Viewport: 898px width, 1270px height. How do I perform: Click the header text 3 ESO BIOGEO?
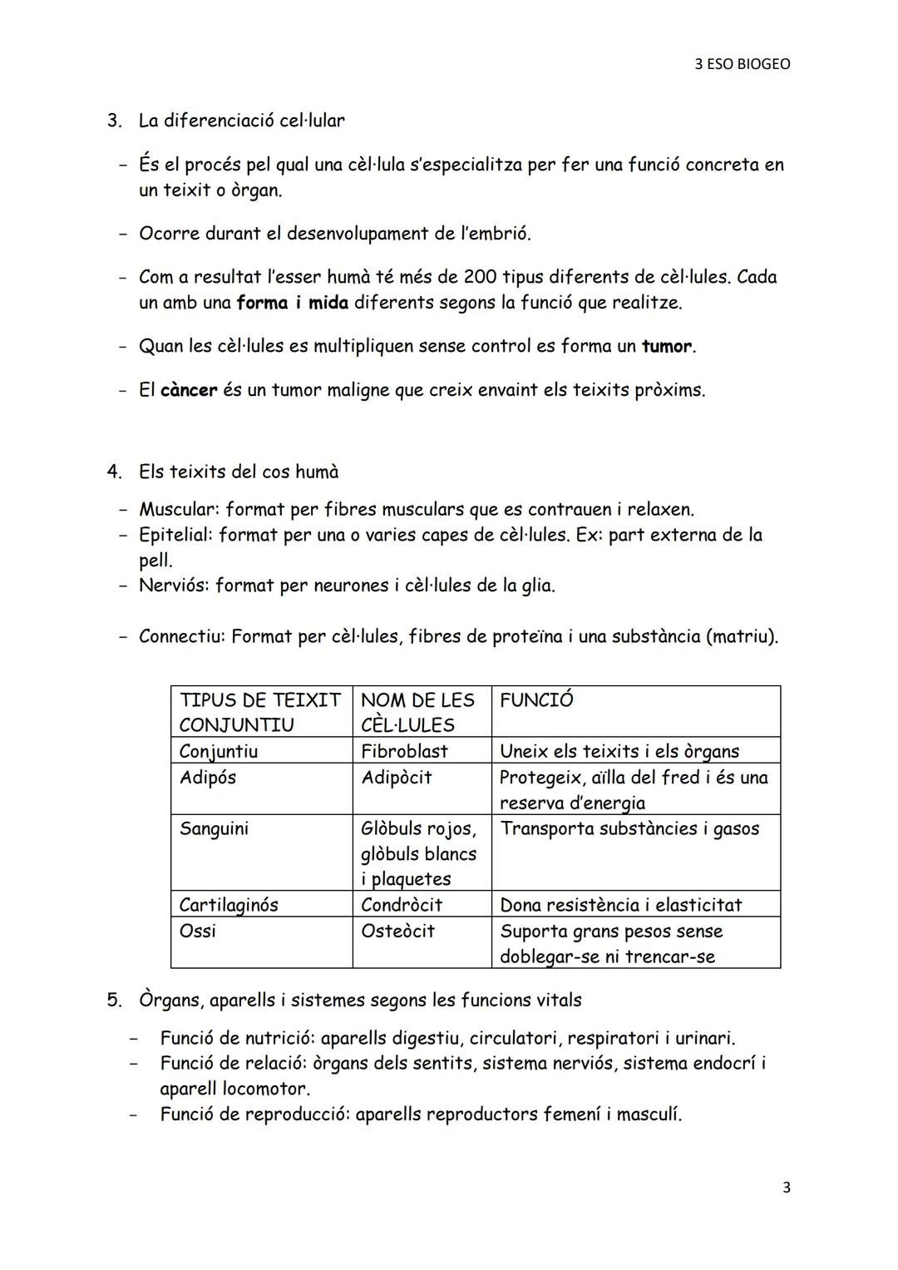pos(743,64)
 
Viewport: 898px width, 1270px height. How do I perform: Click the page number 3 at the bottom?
pos(786,1188)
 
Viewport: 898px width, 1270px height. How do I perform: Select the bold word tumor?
pos(667,346)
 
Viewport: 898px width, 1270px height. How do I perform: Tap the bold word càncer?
pos(189,390)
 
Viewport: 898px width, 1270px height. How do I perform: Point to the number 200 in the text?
pos(480,277)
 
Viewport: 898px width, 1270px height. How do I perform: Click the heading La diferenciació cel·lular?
pos(241,121)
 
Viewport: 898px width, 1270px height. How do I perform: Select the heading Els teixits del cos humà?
pos(239,472)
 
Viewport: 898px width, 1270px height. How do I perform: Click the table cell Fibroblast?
pos(404,751)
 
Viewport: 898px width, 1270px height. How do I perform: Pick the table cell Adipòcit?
pos(397,778)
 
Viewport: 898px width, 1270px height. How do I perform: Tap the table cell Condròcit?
pos(402,905)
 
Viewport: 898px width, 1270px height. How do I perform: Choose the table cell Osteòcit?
pos(397,931)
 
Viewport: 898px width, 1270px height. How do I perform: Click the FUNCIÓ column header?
pos(536,700)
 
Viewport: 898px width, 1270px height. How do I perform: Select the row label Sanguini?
pos(214,828)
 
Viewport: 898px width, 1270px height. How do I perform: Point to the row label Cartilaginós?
pos(229,905)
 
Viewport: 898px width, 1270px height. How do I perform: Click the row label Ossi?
pos(197,931)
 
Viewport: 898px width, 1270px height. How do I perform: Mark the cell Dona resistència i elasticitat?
pos(620,905)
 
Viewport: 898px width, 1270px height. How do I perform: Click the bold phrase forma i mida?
pos(292,303)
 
